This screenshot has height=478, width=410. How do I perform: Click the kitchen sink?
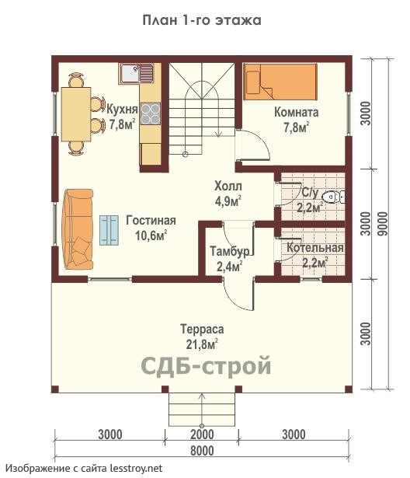137,74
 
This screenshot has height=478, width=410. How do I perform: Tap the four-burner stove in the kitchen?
151,113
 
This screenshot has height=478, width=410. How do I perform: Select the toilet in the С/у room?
334,197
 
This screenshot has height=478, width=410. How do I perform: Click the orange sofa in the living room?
78,229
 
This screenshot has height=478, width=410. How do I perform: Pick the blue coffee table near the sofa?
109,230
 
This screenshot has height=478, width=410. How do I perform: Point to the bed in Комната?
280,82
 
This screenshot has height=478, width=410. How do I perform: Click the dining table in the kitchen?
76,114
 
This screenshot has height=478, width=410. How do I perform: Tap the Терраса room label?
202,329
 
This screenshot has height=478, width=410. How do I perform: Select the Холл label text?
228,186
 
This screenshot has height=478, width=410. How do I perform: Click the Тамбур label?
230,252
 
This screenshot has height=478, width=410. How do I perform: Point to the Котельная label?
315,248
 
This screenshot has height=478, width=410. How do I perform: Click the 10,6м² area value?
151,236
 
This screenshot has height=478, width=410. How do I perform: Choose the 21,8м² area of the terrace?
202,344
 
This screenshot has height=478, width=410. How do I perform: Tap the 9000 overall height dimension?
384,223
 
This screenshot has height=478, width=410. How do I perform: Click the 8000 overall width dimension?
202,451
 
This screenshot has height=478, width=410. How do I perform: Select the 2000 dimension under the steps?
202,434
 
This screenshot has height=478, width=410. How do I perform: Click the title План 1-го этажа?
202,20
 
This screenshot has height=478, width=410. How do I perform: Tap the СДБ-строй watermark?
207,365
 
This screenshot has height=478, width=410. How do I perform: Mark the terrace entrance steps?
202,409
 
